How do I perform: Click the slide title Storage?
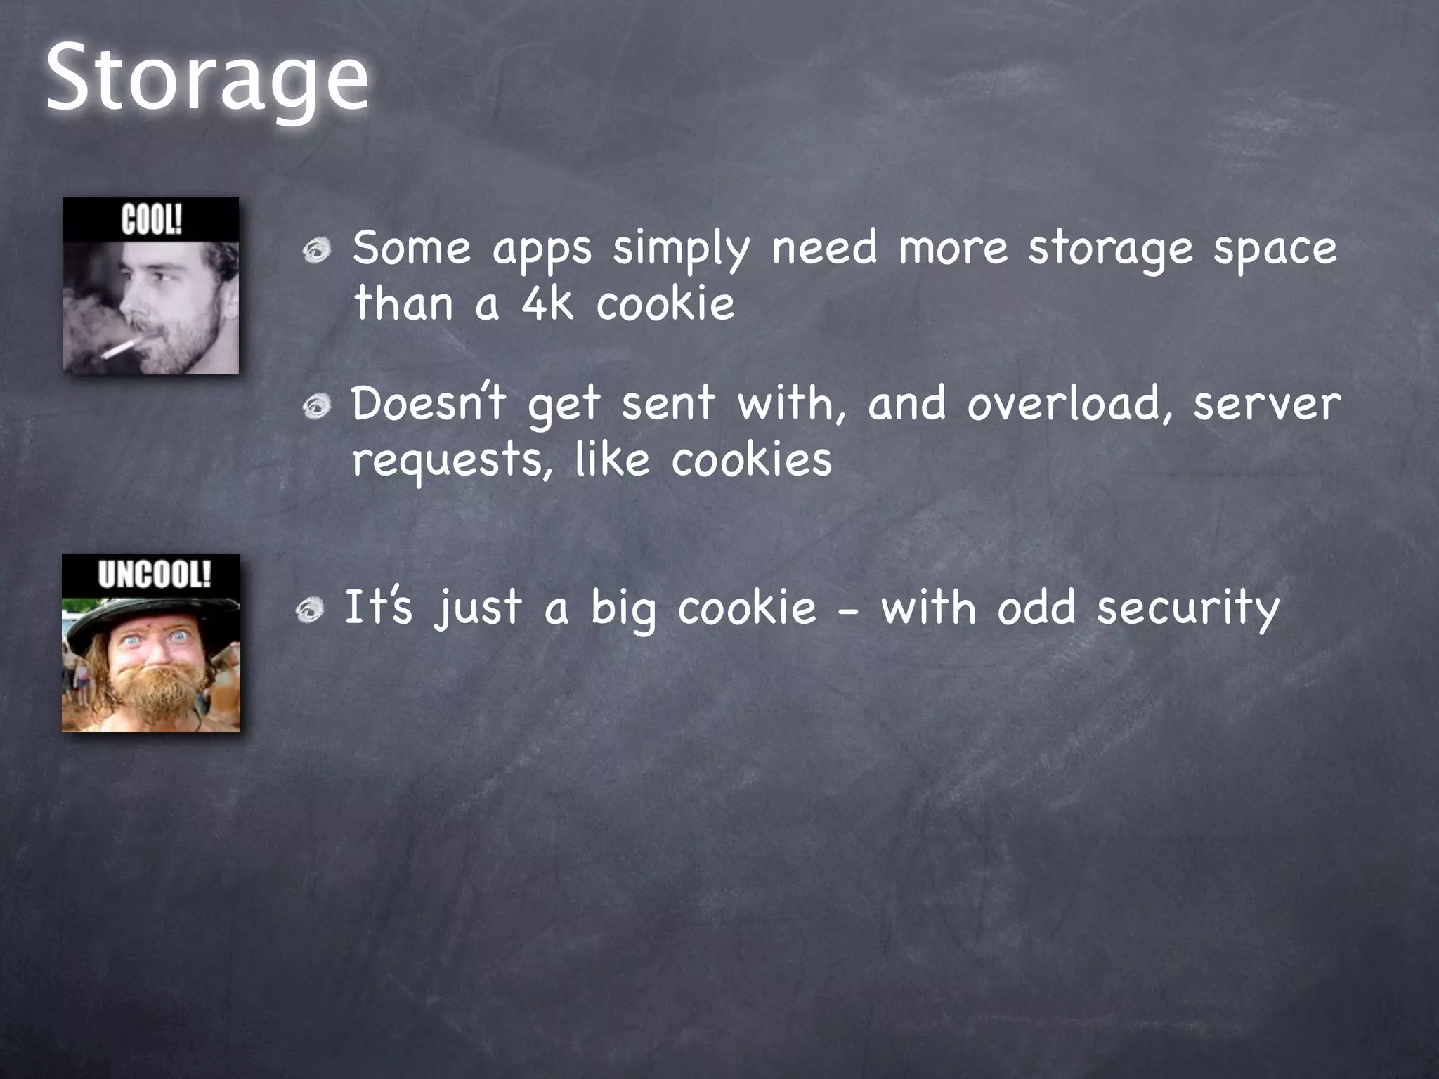(207, 79)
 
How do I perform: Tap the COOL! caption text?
(151, 220)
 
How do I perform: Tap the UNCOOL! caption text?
(154, 575)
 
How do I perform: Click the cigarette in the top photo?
(120, 348)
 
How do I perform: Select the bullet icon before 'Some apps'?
(317, 251)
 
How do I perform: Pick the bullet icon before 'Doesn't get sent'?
(317, 406)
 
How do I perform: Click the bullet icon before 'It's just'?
(310, 610)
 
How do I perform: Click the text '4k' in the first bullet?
(547, 304)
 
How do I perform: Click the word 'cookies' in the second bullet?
(751, 460)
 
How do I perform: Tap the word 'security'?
(1188, 609)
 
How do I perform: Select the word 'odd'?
(1036, 608)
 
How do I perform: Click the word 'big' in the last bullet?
(623, 609)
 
